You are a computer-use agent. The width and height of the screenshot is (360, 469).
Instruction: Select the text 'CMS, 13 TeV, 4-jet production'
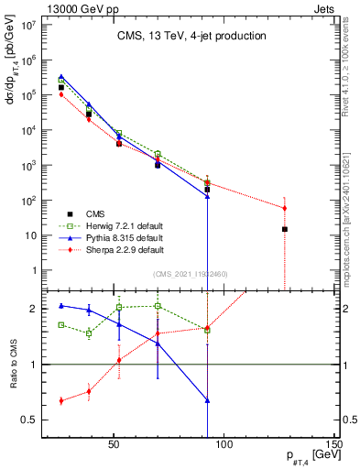coord(191,36)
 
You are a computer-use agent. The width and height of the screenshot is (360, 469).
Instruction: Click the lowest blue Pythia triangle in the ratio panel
coord(208,400)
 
